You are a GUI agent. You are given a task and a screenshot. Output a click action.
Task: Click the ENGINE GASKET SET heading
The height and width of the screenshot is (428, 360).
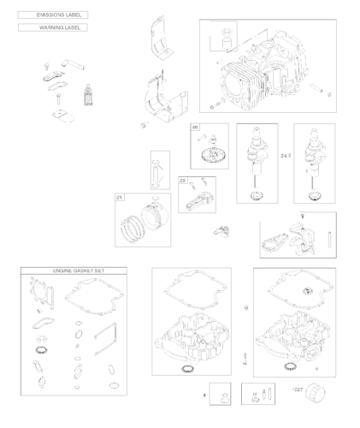point(74,270)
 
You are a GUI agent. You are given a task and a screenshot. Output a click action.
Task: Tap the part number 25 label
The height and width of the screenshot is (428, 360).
point(121,198)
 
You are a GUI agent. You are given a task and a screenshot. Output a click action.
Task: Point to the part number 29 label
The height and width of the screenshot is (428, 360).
point(183,181)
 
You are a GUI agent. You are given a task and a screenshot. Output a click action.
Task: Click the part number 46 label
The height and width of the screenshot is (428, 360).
point(196,128)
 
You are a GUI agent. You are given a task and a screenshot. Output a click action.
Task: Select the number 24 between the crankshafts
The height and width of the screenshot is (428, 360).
point(284,155)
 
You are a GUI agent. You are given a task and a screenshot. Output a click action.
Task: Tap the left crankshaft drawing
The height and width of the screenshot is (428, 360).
point(255,163)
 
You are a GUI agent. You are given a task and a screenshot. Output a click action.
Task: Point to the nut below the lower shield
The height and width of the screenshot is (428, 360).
point(141,126)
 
